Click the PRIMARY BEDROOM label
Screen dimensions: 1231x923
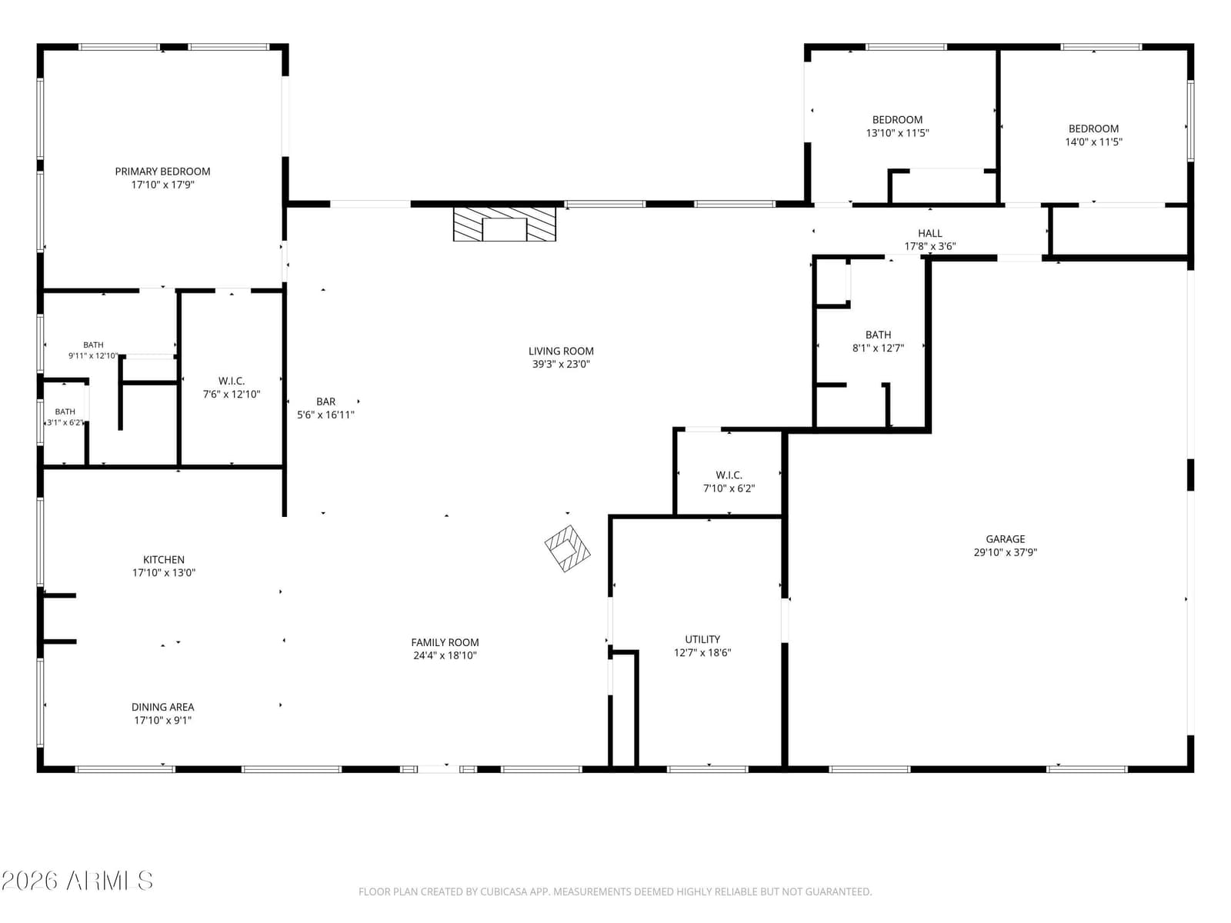tap(162, 172)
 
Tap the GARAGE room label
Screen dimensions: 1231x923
tap(1005, 539)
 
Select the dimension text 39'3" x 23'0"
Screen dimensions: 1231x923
tap(561, 365)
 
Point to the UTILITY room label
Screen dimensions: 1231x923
tap(702, 639)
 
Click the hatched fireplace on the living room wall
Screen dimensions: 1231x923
tap(504, 224)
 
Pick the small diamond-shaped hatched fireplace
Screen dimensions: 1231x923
tap(567, 548)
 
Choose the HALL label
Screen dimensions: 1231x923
tap(930, 233)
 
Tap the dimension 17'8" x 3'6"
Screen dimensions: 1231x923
tap(930, 246)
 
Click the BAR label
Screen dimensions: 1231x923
tap(326, 402)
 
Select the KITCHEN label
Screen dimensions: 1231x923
tap(164, 560)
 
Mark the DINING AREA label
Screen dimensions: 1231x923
tap(162, 707)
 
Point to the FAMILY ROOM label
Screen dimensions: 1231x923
tap(445, 643)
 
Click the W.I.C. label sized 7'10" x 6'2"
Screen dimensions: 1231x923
tap(729, 475)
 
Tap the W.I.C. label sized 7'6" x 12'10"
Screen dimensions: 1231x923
tap(232, 381)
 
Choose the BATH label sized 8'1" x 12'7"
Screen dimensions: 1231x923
tap(879, 335)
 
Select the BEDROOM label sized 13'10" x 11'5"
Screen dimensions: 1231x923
tap(897, 120)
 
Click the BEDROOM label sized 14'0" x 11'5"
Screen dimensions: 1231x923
tap(1093, 129)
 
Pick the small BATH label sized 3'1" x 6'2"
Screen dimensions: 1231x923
tap(65, 412)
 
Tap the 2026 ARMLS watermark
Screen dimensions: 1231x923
tap(77, 881)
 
